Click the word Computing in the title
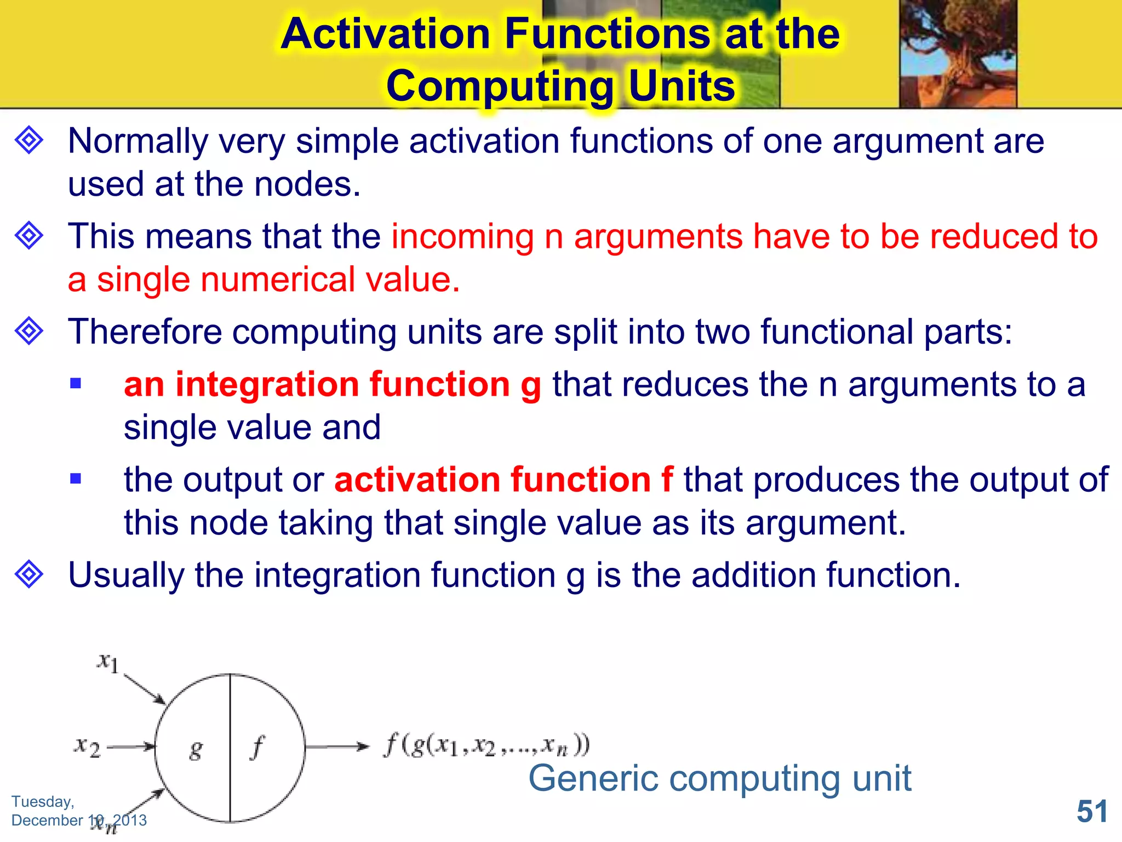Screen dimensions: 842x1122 tap(499, 86)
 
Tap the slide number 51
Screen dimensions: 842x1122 tap(1092, 811)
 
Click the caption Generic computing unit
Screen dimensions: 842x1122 tap(719, 778)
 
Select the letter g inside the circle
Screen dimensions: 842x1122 tap(196, 749)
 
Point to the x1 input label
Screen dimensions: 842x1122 tap(108, 662)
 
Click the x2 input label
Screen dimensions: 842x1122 tap(88, 747)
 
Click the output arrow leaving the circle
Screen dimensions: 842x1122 tap(336, 746)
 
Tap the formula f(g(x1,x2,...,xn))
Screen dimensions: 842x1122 tap(486, 746)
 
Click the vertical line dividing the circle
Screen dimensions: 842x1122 tap(230, 713)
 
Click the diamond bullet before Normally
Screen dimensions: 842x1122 tap(29, 140)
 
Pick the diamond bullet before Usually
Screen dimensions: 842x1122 tap(29, 574)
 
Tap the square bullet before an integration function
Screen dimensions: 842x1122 tap(76, 383)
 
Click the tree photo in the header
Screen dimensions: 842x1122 tap(958, 53)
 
